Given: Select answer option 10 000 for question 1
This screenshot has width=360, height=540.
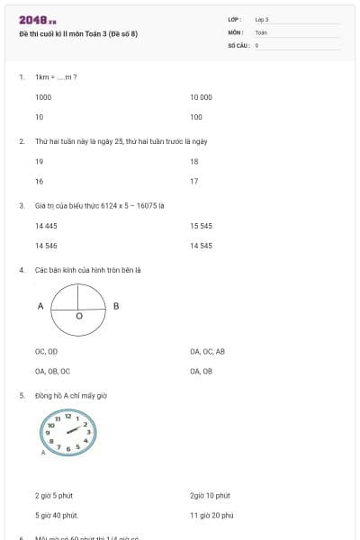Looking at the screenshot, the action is pyautogui.click(x=201, y=96).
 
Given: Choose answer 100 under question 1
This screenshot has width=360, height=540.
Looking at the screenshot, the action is pyautogui.click(x=196, y=117).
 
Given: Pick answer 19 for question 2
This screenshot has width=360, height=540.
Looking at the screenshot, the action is pyautogui.click(x=39, y=161).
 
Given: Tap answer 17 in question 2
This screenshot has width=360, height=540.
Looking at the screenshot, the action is pyautogui.click(x=194, y=181).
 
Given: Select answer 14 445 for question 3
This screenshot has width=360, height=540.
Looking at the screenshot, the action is pyautogui.click(x=46, y=225).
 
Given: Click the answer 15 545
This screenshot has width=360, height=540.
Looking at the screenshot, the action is pyautogui.click(x=201, y=225).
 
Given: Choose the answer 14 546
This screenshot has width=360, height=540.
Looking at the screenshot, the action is pyautogui.click(x=46, y=245).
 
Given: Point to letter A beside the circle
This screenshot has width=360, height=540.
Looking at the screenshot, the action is pyautogui.click(x=40, y=306).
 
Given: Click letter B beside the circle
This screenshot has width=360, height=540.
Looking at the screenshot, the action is pyautogui.click(x=116, y=306).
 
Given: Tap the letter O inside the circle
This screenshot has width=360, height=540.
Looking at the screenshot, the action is pyautogui.click(x=78, y=317).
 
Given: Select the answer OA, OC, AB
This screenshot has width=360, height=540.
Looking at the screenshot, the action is pyautogui.click(x=207, y=351).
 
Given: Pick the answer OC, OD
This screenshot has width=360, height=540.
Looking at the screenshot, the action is pyautogui.click(x=46, y=351).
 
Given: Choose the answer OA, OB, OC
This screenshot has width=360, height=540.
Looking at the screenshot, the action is pyautogui.click(x=52, y=371).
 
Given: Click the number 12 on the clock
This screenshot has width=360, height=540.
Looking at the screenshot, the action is pyautogui.click(x=67, y=416).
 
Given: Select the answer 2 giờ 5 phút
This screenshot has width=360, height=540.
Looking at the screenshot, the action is pyautogui.click(x=52, y=495).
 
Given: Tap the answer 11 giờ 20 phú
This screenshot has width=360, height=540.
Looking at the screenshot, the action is pyautogui.click(x=211, y=515).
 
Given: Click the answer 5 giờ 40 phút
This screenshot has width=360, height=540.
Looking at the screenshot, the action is pyautogui.click(x=56, y=515).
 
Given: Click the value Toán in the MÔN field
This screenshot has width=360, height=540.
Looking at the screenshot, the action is pyautogui.click(x=261, y=31).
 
